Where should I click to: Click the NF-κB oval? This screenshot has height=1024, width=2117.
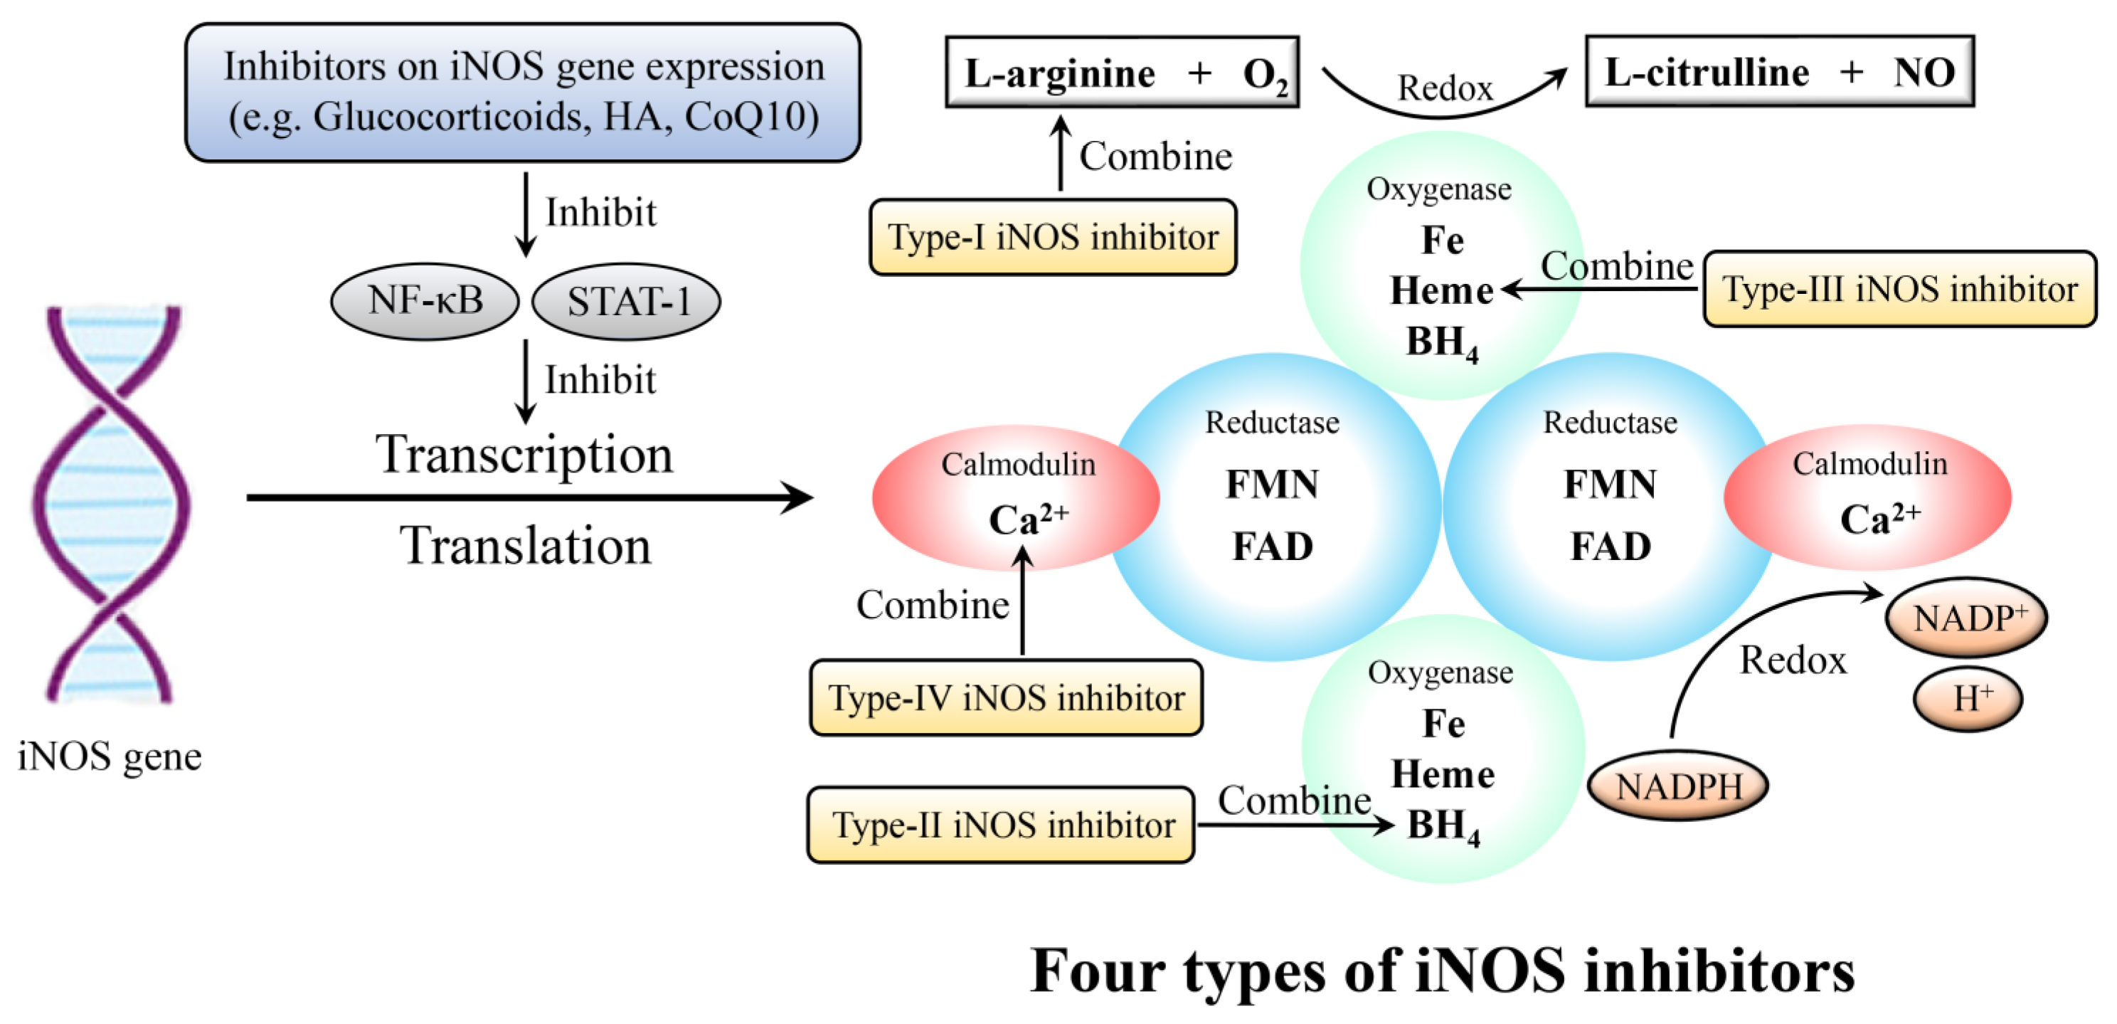pyautogui.click(x=424, y=301)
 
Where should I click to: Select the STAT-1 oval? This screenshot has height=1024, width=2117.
pyautogui.click(x=626, y=302)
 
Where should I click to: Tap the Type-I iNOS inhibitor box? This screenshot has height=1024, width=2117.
pyautogui.click(x=1053, y=238)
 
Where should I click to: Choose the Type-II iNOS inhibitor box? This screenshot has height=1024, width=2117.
pyautogui.click(x=1000, y=825)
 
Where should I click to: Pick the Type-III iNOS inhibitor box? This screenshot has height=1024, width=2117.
pyautogui.click(x=1899, y=290)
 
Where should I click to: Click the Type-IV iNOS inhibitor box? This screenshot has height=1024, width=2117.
pyautogui.click(x=1006, y=698)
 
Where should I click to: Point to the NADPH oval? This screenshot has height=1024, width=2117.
pyautogui.click(x=1677, y=786)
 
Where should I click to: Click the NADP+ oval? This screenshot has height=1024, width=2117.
pyautogui.click(x=1965, y=618)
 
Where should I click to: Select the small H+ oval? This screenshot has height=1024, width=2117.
pyautogui.click(x=1968, y=700)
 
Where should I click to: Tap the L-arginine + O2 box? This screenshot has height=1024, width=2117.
pyautogui.click(x=1122, y=73)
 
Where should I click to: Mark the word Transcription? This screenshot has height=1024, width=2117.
pyautogui.click(x=524, y=455)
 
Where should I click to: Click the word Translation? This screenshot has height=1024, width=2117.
pyautogui.click(x=525, y=546)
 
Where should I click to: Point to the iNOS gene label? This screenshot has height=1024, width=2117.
pyautogui.click(x=110, y=756)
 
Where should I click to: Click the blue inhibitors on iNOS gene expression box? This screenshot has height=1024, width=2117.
pyautogui.click(x=523, y=92)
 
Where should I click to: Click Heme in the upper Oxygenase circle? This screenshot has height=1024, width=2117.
pyautogui.click(x=1440, y=291)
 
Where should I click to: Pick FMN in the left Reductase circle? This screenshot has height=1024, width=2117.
pyautogui.click(x=1271, y=484)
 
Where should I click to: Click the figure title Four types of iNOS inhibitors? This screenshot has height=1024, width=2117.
pyautogui.click(x=1443, y=971)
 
